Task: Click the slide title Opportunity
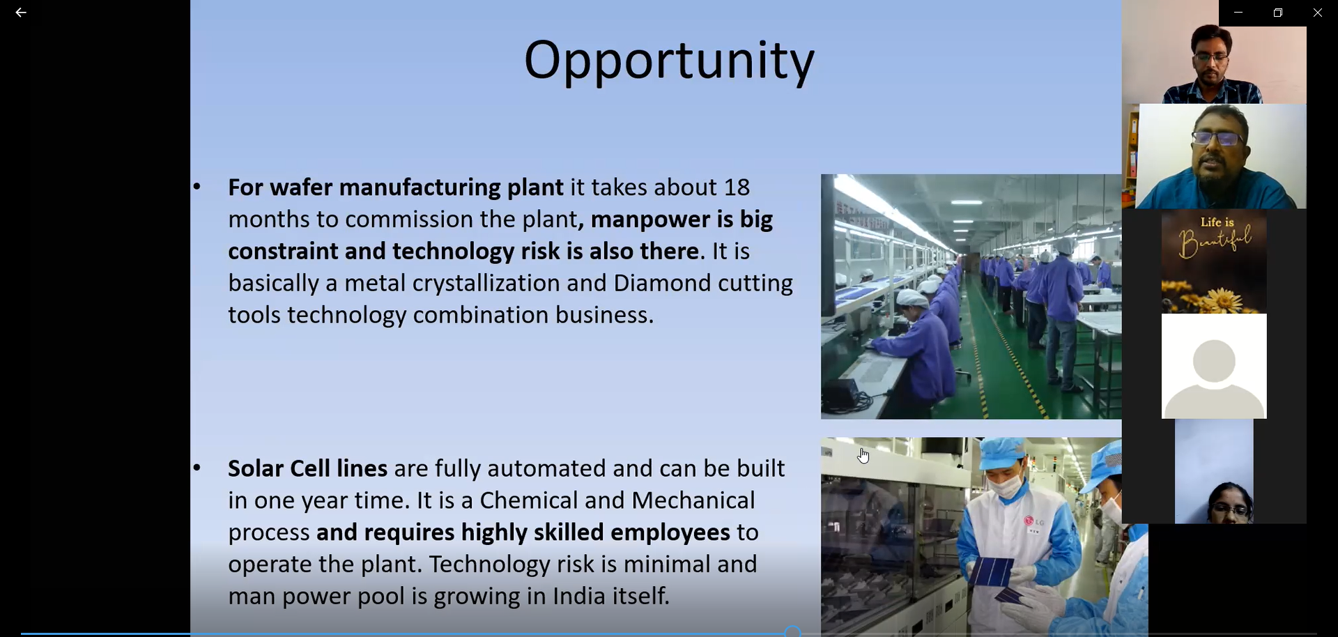click(669, 61)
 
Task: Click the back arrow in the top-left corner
click(21, 13)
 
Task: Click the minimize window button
click(1238, 13)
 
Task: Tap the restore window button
click(1278, 13)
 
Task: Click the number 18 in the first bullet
click(737, 187)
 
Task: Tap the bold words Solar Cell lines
click(307, 468)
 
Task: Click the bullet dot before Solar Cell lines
click(197, 468)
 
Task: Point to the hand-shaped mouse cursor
click(863, 456)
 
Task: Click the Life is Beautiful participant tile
click(1214, 261)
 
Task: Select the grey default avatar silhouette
click(1214, 376)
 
